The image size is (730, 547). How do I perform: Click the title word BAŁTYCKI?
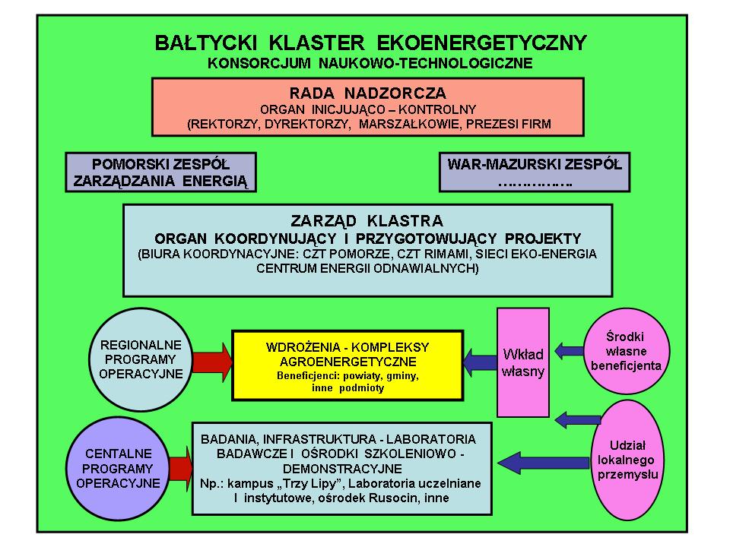coord(206,43)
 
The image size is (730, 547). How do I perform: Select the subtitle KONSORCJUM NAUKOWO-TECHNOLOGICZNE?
coord(370,63)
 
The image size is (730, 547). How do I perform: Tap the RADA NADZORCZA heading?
coord(368,93)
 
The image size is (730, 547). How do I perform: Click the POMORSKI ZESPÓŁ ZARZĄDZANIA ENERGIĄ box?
coord(160,172)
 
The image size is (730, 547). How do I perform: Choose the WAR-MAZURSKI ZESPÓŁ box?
coord(535,172)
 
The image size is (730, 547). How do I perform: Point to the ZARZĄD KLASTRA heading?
coord(367,220)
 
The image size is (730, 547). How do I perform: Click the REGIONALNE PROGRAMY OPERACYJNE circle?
coord(141,359)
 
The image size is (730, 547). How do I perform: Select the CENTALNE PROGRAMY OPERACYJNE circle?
coord(118,469)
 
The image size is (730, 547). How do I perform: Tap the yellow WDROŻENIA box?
coord(348,365)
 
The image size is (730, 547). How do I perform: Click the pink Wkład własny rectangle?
coord(523,362)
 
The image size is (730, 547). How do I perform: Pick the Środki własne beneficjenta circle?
coord(626,351)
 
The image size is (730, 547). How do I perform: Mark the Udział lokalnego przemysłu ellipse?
coord(627,460)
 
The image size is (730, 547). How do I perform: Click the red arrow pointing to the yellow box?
coord(212,362)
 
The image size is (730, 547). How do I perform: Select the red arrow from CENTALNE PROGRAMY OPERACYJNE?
coord(181,469)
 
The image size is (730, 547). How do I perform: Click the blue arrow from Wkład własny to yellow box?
coord(480,362)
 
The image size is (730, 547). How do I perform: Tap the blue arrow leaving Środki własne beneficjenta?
coord(569,350)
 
